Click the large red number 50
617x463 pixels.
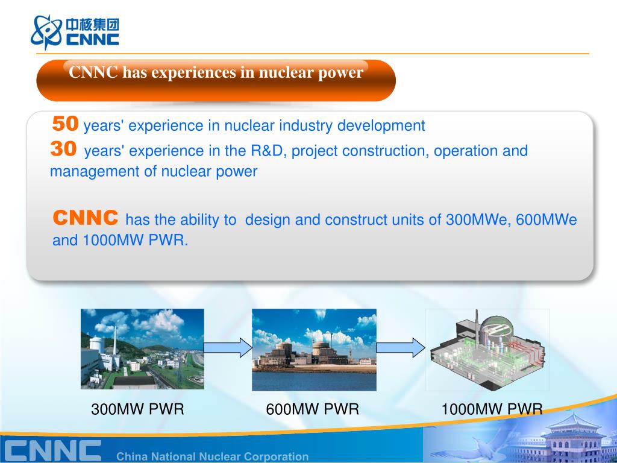pyautogui.click(x=65, y=124)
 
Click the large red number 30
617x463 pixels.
pyautogui.click(x=64, y=149)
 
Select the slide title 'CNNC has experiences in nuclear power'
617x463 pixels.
pyautogui.click(x=216, y=73)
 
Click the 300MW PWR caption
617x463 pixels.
pyautogui.click(x=137, y=409)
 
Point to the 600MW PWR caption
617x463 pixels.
pyautogui.click(x=312, y=409)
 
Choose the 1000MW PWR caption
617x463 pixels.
pyautogui.click(x=492, y=409)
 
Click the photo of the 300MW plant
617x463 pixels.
pyautogui.click(x=142, y=349)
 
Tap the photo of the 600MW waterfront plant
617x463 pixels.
pyautogui.click(x=314, y=349)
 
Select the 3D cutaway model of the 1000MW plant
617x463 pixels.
pyautogui.click(x=487, y=350)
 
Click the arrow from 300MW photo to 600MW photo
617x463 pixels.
pyautogui.click(x=228, y=347)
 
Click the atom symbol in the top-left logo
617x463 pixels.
pyautogui.click(x=46, y=31)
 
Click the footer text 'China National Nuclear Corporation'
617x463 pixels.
pyautogui.click(x=212, y=456)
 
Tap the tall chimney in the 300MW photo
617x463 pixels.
pyautogui.click(x=114, y=338)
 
